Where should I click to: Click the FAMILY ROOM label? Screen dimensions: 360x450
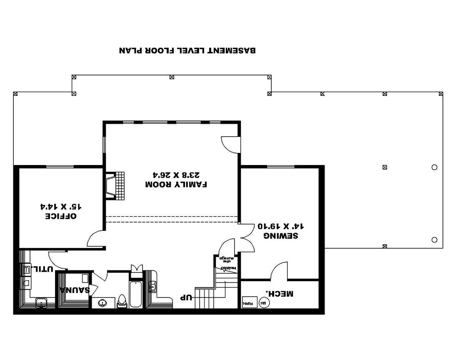(176, 184)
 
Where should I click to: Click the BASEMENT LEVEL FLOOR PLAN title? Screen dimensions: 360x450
(187, 50)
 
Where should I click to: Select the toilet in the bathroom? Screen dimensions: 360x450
(122, 300)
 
